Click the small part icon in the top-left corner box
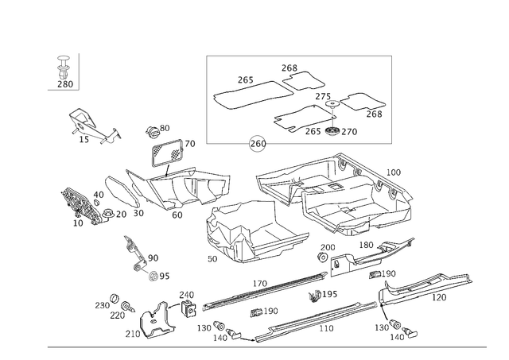[x=64, y=70]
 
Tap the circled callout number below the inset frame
[x=256, y=145]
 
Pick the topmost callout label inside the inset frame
[x=287, y=65]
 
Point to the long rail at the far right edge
[x=433, y=286]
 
